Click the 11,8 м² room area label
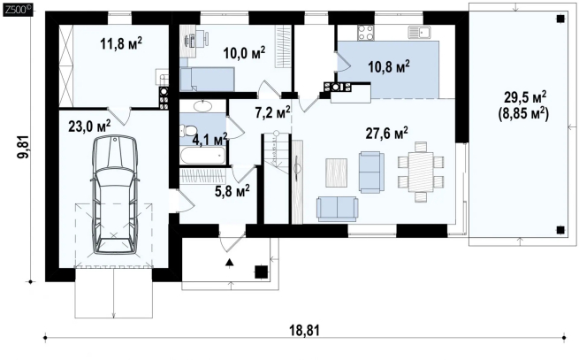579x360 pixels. coord(121,43)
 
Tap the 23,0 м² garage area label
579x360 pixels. coord(89,126)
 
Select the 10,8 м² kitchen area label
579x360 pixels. coord(389,67)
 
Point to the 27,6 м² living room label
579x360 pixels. coord(387,134)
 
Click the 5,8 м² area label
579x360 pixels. coord(232,191)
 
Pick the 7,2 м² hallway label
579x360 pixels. coord(272,112)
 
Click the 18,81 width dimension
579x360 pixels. coord(305,331)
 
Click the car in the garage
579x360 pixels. coord(115,195)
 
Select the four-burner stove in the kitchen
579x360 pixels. coord(365,32)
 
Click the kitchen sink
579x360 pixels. coord(420,32)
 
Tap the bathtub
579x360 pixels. coord(202,155)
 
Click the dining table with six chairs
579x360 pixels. coord(421,172)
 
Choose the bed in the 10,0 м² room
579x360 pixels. coord(207,79)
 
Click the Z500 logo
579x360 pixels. coord(18,11)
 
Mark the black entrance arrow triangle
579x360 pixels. coord(230,263)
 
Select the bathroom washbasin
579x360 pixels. coord(202,106)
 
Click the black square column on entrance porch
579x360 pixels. coord(262,272)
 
